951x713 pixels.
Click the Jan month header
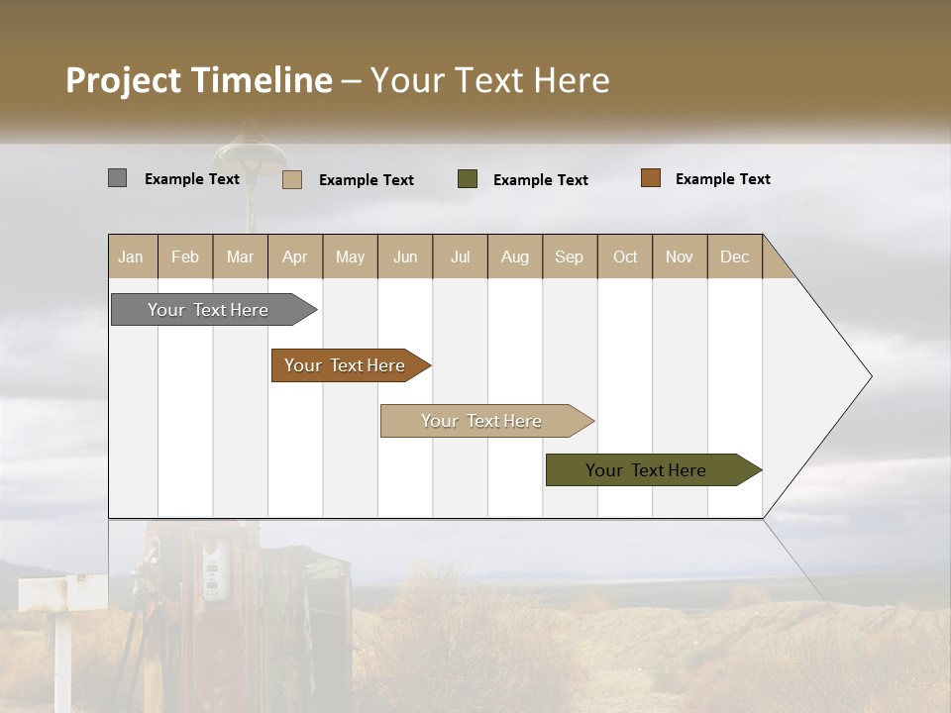132,256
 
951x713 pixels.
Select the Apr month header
295,256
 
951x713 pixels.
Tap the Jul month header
460,256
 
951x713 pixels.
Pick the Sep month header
570,256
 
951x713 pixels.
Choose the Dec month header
734,256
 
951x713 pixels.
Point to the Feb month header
185,256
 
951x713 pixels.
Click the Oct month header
625,256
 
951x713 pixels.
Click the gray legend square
117,178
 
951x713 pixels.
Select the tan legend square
292,179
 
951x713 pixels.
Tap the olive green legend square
468,179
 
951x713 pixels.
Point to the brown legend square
650,178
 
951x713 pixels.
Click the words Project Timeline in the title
199,80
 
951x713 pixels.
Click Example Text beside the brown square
722,179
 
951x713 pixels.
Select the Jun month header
405,256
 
